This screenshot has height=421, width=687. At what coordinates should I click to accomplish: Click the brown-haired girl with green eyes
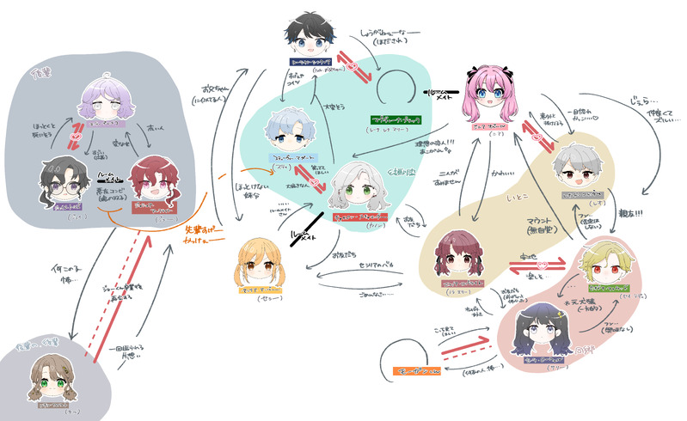tap(49, 376)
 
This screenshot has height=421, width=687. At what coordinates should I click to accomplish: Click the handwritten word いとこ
tap(517, 198)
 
